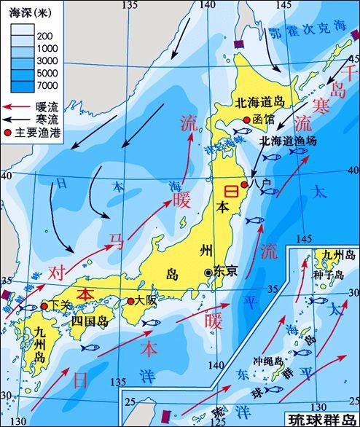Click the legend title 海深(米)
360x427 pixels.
[27, 11]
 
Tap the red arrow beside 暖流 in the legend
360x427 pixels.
[16, 108]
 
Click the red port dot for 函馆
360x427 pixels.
[247, 120]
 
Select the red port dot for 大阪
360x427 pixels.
[131, 301]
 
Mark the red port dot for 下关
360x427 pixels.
[44, 307]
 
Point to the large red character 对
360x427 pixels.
[58, 273]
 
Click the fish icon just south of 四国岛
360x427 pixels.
[90, 348]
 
